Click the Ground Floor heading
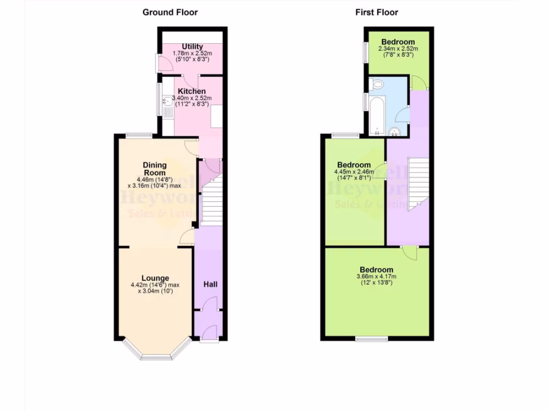pos(170,12)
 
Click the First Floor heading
pos(377,12)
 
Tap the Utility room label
pos(192,47)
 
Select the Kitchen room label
pos(192,92)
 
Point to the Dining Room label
pos(154,169)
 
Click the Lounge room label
pos(155,278)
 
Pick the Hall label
pos(210,284)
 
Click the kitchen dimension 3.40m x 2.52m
pos(192,98)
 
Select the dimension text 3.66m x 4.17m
pos(376,276)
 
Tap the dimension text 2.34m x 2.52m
pos(398,49)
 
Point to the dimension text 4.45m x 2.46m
pos(354,172)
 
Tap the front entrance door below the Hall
pos(209,339)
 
